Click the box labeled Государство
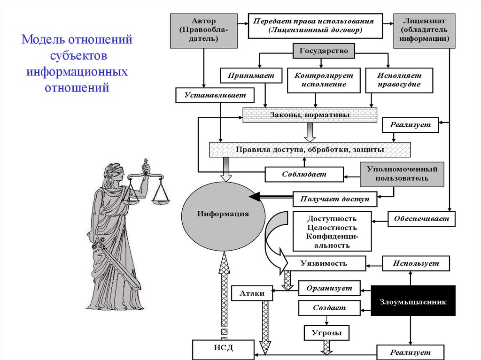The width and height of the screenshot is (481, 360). tap(324, 51)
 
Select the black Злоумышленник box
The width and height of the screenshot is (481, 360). tap(413, 302)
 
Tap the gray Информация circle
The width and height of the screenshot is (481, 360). tap(223, 214)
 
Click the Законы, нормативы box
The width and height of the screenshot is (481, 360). tap(310, 115)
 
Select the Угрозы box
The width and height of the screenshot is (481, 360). tap(326, 333)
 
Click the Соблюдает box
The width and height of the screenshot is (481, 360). tap(303, 175)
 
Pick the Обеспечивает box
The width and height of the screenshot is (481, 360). tap(421, 219)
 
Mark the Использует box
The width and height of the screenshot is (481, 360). tap(416, 264)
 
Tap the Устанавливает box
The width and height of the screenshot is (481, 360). tap(215, 96)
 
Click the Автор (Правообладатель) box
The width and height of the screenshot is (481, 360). tap(203, 31)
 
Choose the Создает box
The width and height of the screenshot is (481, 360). tap(329, 308)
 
